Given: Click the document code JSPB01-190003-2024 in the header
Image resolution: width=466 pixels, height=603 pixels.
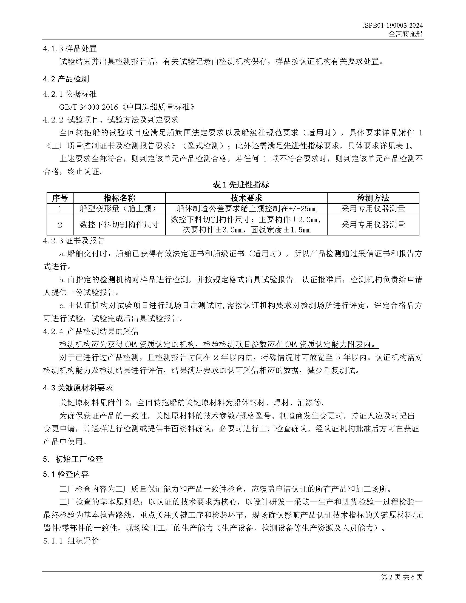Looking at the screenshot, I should coord(392,25).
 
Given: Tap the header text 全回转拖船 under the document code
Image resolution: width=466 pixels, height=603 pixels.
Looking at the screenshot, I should coord(405,34).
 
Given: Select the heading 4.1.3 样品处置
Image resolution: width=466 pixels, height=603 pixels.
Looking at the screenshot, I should coord(70,49).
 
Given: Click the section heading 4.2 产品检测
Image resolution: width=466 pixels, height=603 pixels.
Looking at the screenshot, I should coord(66,79).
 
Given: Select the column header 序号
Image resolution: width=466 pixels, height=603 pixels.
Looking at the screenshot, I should coord(60,198).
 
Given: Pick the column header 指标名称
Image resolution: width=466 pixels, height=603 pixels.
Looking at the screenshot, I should coord(120,198).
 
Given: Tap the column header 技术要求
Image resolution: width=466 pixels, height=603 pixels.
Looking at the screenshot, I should coord(246,198).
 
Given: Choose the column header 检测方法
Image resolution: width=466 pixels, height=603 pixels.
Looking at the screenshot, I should coord(373,198).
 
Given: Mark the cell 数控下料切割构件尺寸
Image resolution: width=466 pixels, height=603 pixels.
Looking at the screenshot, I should coord(120,225).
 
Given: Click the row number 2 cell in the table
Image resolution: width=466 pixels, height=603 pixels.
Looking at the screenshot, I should coord(60,225).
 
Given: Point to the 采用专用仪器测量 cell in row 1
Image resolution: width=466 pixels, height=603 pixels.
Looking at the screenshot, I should coord(373,209).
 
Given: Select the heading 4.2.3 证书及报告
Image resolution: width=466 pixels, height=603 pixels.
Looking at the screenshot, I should coord(74,241).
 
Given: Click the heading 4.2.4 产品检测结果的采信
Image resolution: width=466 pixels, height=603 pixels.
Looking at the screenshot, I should coord(91,331).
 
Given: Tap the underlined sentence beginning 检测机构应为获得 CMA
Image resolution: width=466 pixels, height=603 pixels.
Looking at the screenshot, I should coord(219,345).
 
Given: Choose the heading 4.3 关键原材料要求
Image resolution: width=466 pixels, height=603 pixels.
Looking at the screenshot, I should coord(78,388).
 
